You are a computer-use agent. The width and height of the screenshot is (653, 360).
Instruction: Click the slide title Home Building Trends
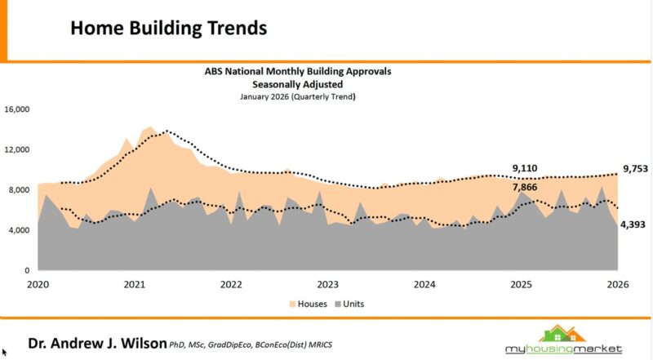(x=168, y=28)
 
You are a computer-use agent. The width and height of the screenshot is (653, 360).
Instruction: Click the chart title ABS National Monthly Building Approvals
(x=298, y=72)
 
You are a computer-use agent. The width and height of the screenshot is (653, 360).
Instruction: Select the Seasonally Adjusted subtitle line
(x=297, y=84)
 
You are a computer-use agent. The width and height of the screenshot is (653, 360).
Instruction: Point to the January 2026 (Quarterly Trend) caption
(x=298, y=96)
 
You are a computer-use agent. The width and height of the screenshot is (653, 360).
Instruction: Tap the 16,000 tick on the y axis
(x=16, y=109)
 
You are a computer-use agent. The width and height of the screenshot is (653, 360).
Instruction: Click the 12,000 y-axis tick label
(x=16, y=150)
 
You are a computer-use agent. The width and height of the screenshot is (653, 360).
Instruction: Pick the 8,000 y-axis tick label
(x=19, y=190)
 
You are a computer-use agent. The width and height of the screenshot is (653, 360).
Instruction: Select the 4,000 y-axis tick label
(x=19, y=230)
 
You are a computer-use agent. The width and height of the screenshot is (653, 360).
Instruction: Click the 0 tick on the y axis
(x=27, y=270)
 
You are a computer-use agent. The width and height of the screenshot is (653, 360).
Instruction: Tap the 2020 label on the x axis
(x=38, y=285)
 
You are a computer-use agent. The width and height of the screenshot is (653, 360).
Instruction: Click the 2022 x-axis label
(x=231, y=285)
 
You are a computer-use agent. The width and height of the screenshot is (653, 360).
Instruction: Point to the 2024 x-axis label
(x=424, y=285)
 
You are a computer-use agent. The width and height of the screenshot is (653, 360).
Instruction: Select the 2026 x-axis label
(x=618, y=285)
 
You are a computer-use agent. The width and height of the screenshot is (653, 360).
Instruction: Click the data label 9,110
(x=525, y=169)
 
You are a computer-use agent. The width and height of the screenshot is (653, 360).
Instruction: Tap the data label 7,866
(x=525, y=187)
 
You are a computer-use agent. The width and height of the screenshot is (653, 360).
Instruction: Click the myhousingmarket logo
(x=568, y=340)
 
